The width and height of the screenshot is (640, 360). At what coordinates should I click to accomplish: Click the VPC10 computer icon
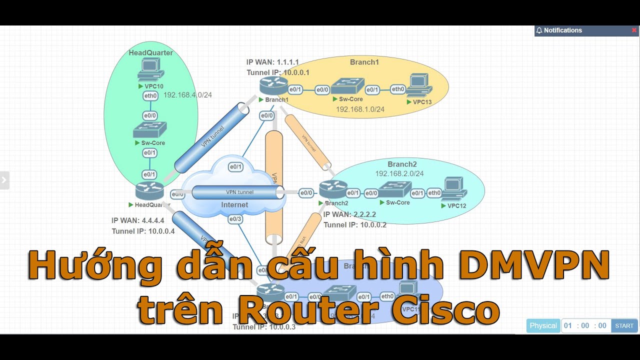pyautogui.click(x=149, y=68)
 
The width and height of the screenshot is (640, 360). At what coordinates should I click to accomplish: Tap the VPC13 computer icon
pyautogui.click(x=419, y=84)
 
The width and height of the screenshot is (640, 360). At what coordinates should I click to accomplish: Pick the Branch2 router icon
pyautogui.click(x=333, y=189)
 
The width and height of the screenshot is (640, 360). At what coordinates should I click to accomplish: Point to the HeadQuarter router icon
pyautogui.click(x=149, y=190)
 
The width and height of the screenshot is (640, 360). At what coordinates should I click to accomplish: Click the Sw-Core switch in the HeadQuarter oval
pyautogui.click(x=149, y=129)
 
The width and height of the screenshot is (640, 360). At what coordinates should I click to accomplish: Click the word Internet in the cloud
pyautogui.click(x=234, y=204)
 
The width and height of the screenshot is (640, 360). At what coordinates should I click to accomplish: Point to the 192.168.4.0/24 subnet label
pyautogui.click(x=187, y=95)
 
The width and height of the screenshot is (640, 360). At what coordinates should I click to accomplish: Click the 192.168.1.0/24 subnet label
pyautogui.click(x=360, y=109)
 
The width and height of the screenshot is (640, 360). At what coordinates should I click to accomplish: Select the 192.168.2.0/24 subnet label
pyautogui.click(x=399, y=173)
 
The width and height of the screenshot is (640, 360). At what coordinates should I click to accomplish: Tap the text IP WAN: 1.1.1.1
pyautogui.click(x=272, y=62)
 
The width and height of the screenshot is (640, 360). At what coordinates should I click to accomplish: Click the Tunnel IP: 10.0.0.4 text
pyautogui.click(x=143, y=231)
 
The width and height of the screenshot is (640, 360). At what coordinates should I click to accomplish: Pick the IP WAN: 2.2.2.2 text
pyautogui.click(x=349, y=214)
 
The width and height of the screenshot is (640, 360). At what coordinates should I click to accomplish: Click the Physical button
pyautogui.click(x=543, y=325)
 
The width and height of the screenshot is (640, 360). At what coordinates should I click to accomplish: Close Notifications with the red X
pyautogui.click(x=634, y=30)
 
